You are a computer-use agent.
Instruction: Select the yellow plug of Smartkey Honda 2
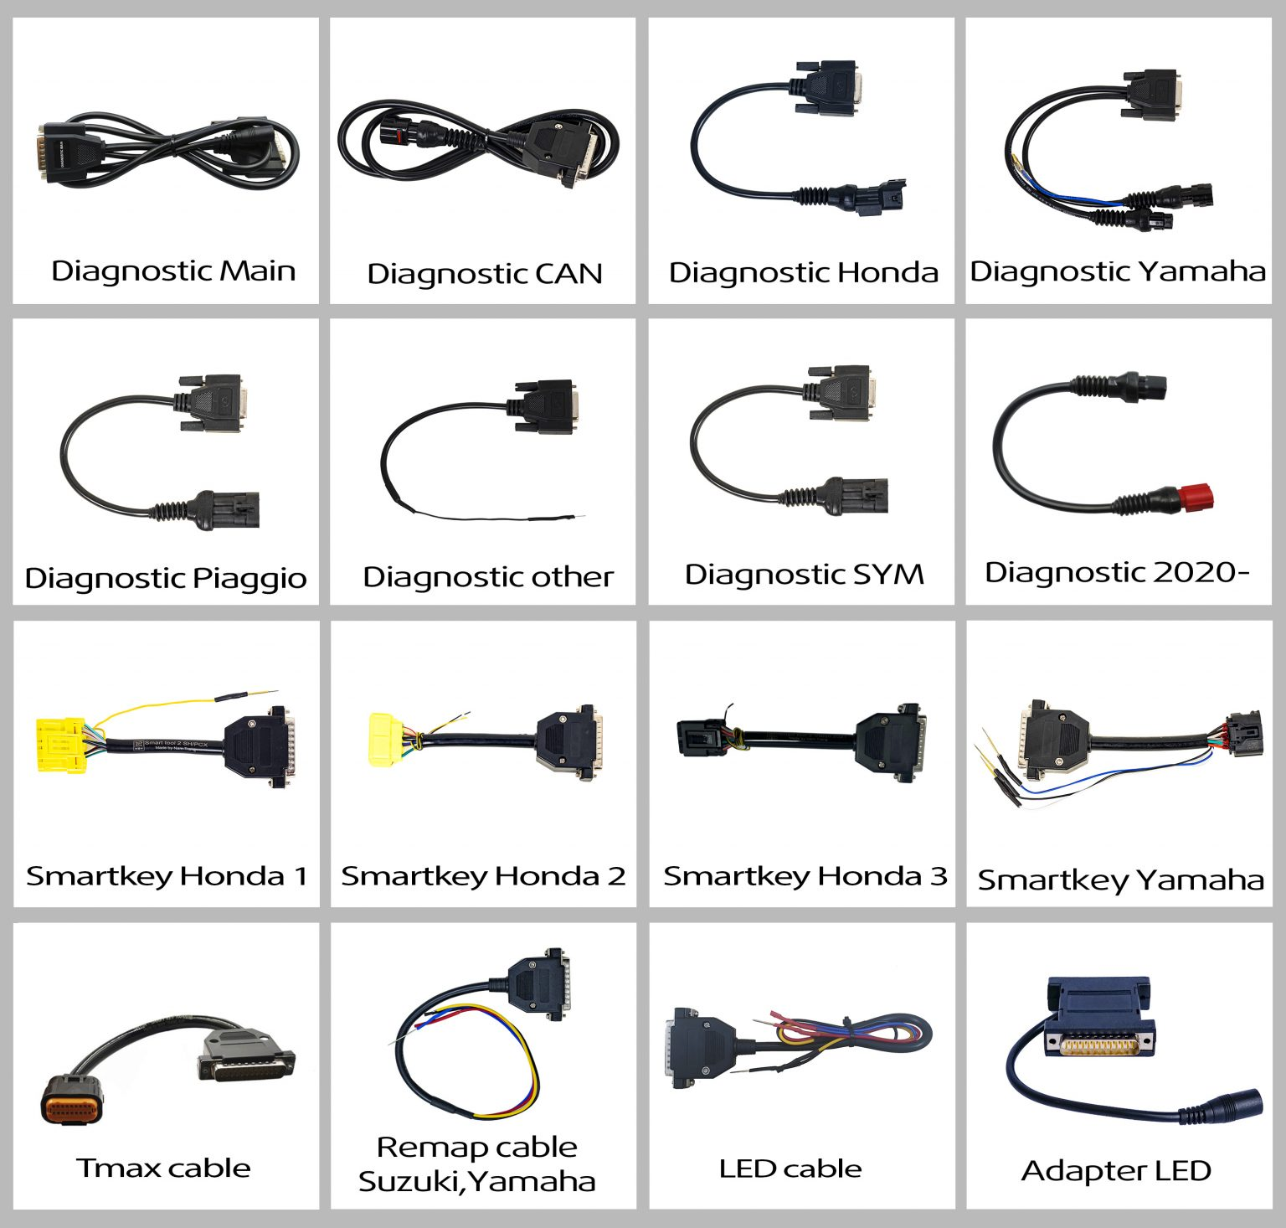pos(385,740)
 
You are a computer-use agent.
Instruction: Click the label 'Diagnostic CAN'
pos(484,274)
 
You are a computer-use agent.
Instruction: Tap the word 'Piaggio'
pos(249,578)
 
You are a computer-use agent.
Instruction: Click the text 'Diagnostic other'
pos(487,577)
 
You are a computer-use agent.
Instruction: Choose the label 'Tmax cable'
pos(163,1168)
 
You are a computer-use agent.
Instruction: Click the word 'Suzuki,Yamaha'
pos(476,1181)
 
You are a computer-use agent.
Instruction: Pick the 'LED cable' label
pos(790,1169)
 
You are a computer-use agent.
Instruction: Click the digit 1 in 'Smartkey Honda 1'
pos(299,876)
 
